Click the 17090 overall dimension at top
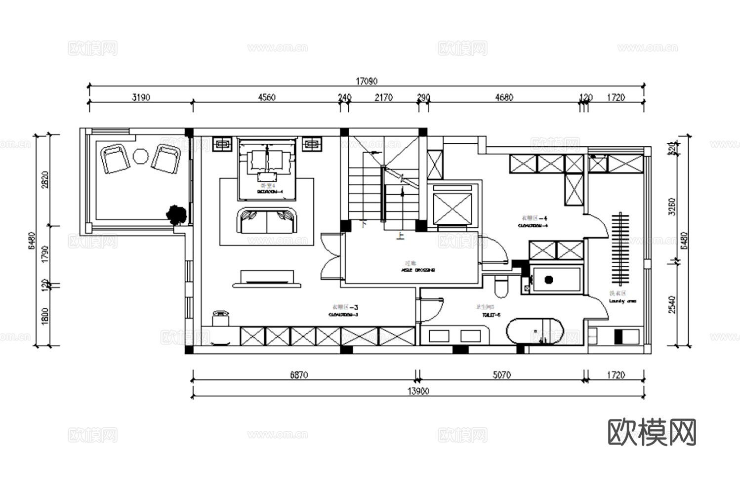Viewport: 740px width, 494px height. (x=366, y=81)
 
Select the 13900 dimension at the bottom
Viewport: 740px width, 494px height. (x=418, y=391)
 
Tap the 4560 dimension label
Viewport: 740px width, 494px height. (x=267, y=97)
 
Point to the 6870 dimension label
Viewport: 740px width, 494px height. (x=299, y=375)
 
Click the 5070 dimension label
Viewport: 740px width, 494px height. (x=501, y=375)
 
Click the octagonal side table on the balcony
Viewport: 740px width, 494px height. (x=140, y=157)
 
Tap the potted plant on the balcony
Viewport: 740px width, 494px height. (x=176, y=214)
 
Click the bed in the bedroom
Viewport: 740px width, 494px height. (x=267, y=169)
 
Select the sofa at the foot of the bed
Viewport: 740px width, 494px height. (x=267, y=221)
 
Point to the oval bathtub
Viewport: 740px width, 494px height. (x=535, y=331)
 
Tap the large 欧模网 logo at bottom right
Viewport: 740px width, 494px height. (x=652, y=432)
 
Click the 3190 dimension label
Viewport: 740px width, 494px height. (x=141, y=97)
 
